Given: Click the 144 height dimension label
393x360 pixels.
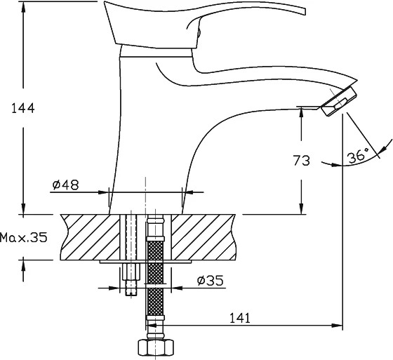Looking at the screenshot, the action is click(23, 108).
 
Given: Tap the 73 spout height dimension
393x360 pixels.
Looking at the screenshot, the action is click(302, 161).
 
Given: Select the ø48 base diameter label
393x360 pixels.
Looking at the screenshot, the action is click(66, 185).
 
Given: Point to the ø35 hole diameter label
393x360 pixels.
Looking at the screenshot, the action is click(210, 281).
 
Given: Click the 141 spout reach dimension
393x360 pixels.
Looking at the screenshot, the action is click(240, 318).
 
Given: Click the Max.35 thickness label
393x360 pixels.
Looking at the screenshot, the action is click(24, 237).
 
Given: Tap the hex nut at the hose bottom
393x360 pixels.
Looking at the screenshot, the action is click(156, 347).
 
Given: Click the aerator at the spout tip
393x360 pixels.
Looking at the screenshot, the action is click(338, 101).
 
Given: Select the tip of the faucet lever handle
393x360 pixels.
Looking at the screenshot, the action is click(305, 11).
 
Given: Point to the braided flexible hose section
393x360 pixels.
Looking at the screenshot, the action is click(155, 278).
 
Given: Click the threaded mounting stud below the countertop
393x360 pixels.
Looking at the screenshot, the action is click(132, 279).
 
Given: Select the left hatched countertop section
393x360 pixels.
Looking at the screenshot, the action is click(91, 237).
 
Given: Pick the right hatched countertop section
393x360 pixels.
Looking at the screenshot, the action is click(204, 237).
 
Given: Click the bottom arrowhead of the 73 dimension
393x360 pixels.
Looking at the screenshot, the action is click(301, 208).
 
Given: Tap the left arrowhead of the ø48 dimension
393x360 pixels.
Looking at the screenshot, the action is click(103, 192).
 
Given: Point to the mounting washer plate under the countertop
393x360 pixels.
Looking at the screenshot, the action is click(145, 262).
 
